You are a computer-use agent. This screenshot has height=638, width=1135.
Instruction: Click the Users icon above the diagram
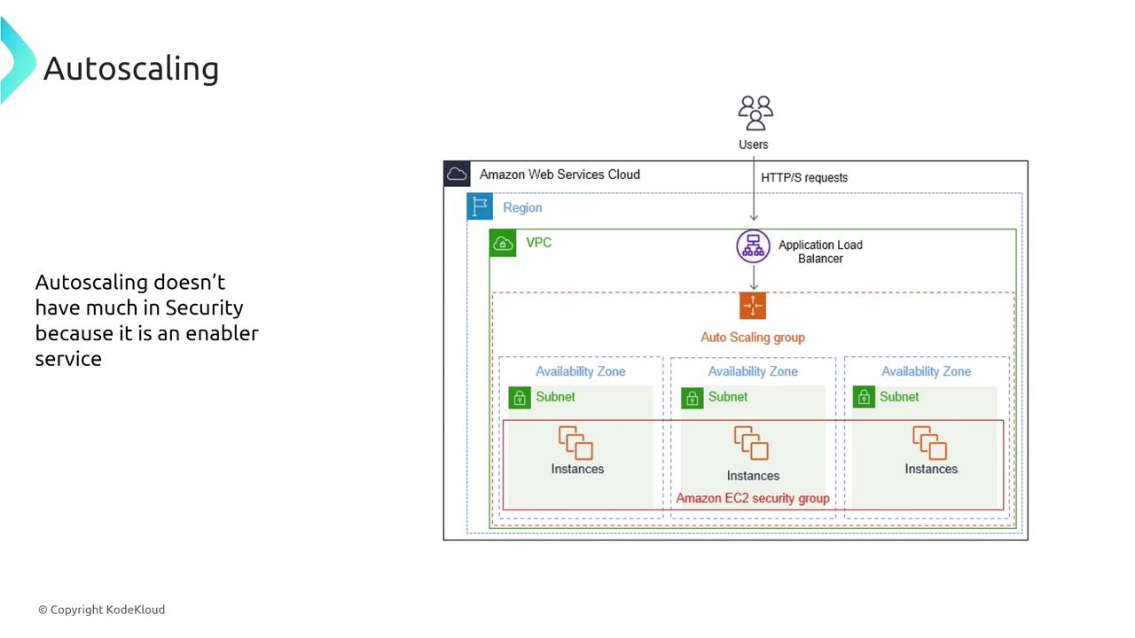click(x=755, y=113)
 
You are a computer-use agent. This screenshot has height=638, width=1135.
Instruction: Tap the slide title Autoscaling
click(x=131, y=68)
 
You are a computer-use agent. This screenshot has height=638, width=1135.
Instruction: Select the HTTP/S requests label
click(x=804, y=177)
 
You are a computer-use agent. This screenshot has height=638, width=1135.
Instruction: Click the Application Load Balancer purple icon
click(x=753, y=245)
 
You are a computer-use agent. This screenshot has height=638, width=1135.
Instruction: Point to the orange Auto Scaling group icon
click(x=753, y=306)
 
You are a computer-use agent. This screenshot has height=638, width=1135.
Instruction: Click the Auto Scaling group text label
click(x=753, y=337)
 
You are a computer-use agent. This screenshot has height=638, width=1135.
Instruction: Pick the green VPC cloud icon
click(x=504, y=243)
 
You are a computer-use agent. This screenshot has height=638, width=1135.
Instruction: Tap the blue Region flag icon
click(x=480, y=206)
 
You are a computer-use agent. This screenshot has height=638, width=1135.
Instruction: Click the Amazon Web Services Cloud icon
click(x=457, y=174)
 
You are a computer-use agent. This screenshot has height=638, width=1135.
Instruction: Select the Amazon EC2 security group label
click(x=753, y=498)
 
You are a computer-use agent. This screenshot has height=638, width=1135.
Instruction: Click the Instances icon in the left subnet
click(x=575, y=442)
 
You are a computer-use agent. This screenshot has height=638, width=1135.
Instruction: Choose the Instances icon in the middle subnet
click(x=751, y=443)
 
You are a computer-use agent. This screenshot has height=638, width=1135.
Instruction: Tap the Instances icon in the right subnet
click(x=930, y=442)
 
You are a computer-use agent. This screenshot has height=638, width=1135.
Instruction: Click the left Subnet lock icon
click(x=520, y=398)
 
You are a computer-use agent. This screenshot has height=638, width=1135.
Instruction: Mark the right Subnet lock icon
click(x=864, y=398)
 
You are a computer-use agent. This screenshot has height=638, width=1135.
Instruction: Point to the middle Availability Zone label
click(x=753, y=371)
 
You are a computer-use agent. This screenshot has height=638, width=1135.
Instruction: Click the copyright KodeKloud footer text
click(x=101, y=610)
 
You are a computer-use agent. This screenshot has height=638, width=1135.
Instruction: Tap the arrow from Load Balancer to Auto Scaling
click(x=753, y=277)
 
